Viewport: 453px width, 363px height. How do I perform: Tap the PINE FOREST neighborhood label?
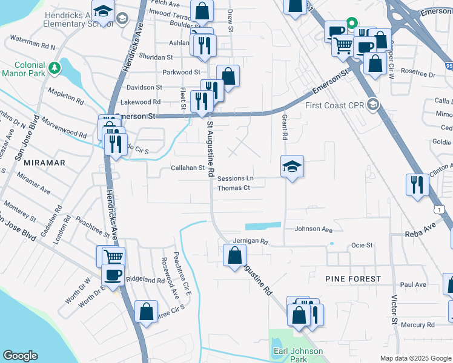(353, 279)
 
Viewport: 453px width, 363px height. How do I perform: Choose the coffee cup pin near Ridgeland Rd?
(113, 276)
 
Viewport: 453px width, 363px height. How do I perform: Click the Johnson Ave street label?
(314, 229)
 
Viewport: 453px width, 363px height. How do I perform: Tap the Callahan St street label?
(170, 168)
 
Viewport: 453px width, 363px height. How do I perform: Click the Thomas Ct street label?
(234, 188)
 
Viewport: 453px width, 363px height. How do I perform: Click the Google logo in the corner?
(21, 356)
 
